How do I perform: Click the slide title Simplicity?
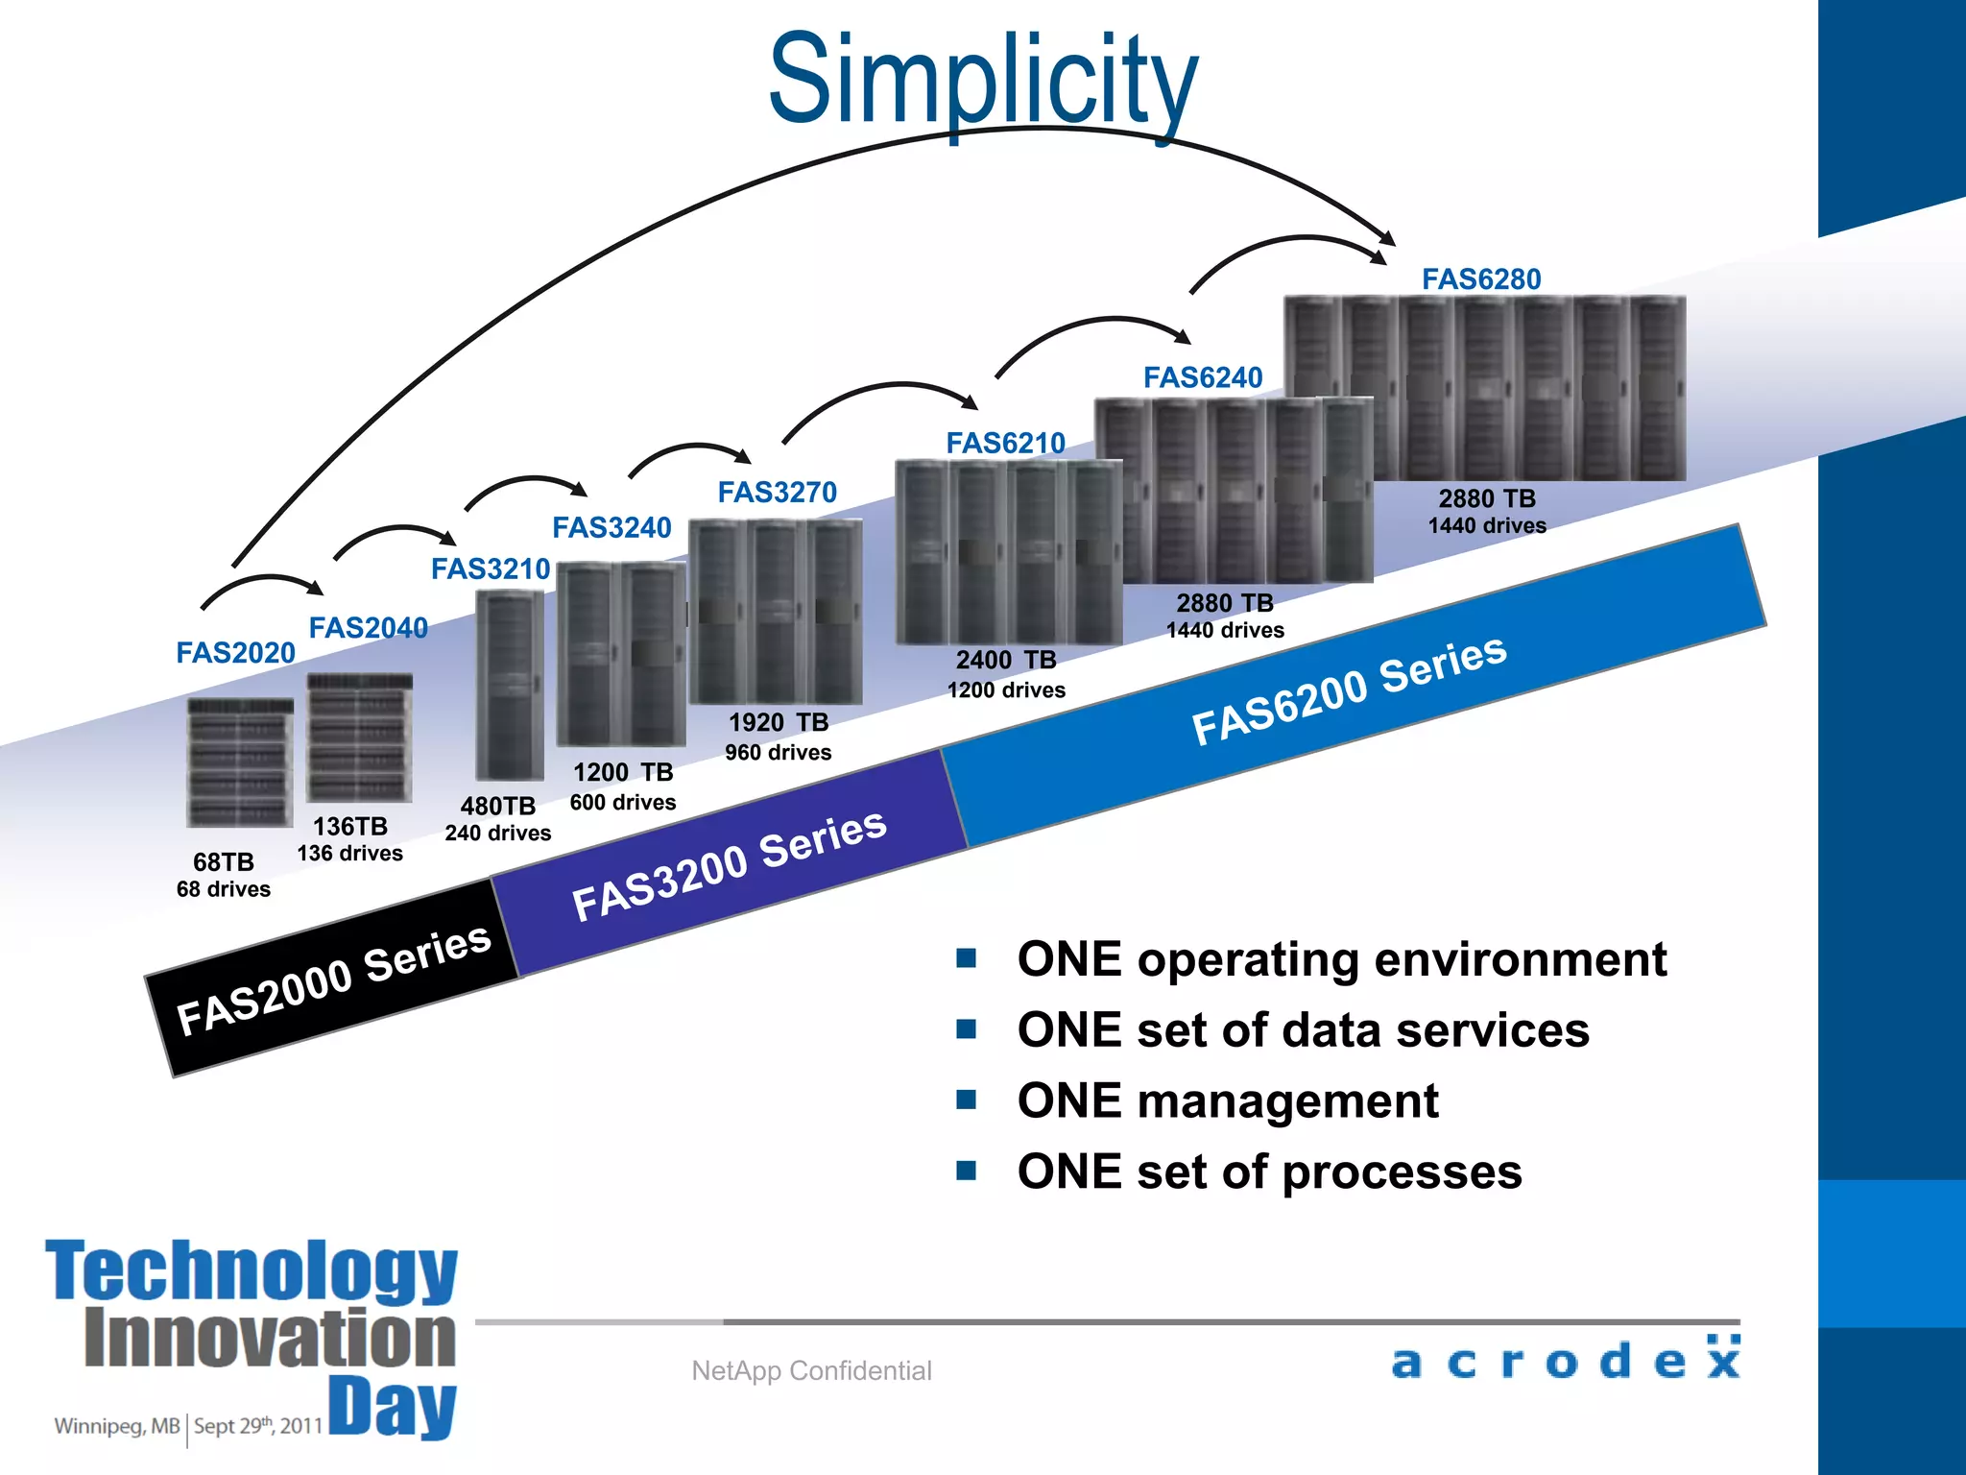[983, 82]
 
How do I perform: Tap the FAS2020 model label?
[235, 653]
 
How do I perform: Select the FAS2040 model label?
[368, 628]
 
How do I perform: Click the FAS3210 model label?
[490, 569]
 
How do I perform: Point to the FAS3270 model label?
[777, 493]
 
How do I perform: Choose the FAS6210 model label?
[1005, 444]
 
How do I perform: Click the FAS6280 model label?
[1480, 279]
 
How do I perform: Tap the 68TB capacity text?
[223, 861]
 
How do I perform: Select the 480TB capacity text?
[497, 806]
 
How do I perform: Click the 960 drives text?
[778, 753]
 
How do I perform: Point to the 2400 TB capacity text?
[1005, 661]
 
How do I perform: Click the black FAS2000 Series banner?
[332, 980]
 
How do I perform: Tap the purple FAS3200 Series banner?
[729, 864]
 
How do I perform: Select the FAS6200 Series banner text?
[1349, 689]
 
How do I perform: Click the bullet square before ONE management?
[966, 1100]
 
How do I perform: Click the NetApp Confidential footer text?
[811, 1370]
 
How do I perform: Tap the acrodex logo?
[1565, 1359]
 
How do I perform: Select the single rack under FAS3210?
[510, 685]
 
